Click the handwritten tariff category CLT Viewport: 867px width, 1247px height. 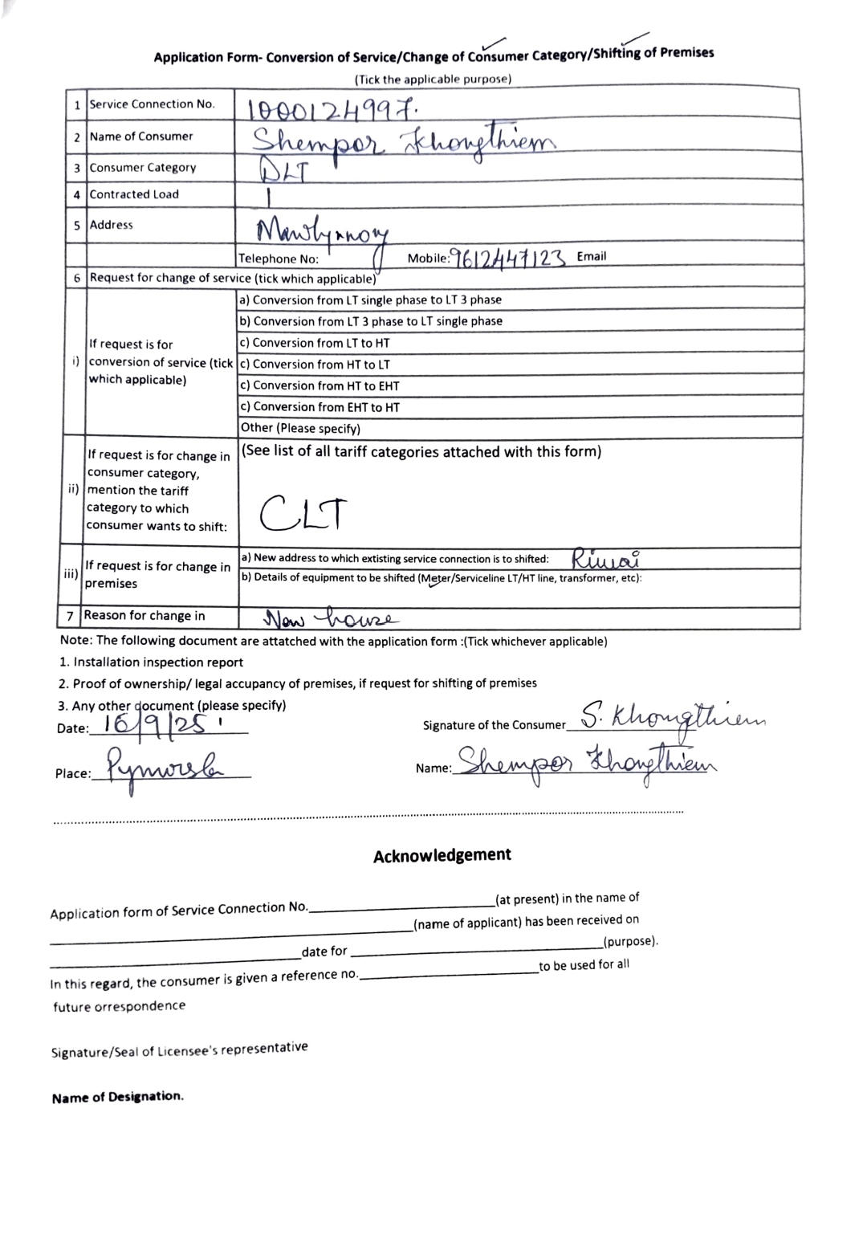pos(304,514)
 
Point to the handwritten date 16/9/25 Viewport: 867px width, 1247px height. pos(157,725)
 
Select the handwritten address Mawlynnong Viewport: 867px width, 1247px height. pos(321,233)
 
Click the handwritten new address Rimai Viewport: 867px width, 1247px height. pos(605,557)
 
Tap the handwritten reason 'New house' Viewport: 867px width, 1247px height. pos(329,618)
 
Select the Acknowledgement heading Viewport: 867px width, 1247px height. pos(442,855)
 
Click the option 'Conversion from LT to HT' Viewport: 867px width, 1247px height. pos(321,343)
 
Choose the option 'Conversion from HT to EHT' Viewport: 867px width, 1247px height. pos(326,385)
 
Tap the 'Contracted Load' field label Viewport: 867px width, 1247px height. pos(134,194)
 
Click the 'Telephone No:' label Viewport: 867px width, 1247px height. pos(279,259)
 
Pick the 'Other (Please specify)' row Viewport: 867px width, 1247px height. pos(300,428)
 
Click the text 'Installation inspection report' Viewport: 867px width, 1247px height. pos(157,662)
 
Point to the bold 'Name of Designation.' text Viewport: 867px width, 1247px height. pos(117,1097)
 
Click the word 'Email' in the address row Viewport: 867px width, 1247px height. pos(592,256)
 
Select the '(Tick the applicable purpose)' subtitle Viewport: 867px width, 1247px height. pos(433,79)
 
